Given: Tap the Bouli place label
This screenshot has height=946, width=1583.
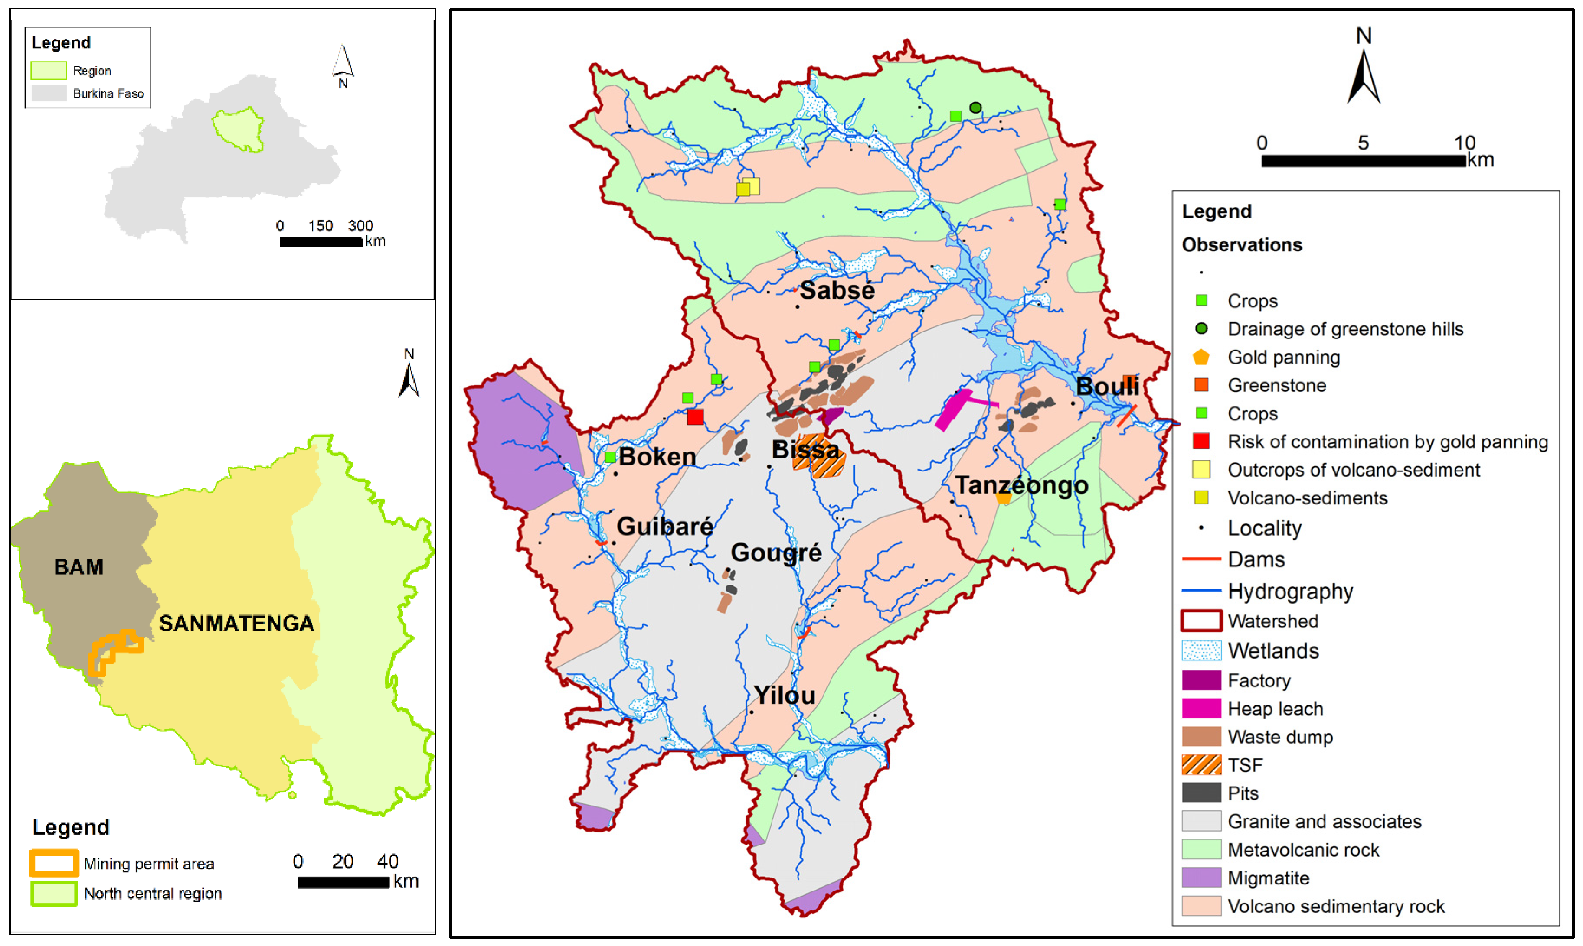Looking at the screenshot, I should click(1107, 386).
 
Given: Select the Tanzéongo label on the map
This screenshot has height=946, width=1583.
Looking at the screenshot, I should click(1021, 486).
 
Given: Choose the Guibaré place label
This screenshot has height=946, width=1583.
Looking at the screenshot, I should click(664, 527).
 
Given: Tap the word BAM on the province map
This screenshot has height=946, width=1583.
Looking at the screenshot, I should click(78, 567).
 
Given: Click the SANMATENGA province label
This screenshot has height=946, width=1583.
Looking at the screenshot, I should click(236, 624).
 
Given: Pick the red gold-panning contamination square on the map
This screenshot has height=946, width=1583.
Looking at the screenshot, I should click(695, 417).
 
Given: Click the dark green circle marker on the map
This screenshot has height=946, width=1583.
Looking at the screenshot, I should click(975, 108).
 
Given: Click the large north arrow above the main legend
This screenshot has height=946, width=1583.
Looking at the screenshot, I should click(1363, 77).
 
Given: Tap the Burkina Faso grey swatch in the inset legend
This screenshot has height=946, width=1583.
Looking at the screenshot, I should click(49, 93).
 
